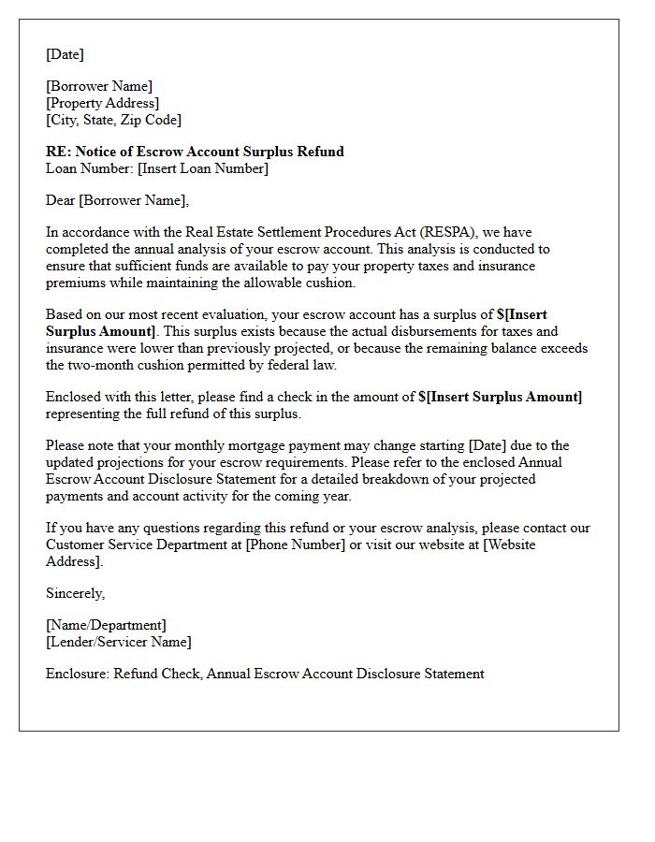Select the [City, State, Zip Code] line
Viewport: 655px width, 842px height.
tap(113, 120)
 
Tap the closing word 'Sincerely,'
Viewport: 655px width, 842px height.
tap(76, 593)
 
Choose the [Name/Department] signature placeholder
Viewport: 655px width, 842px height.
tap(106, 625)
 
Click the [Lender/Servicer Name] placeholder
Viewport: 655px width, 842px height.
tap(118, 642)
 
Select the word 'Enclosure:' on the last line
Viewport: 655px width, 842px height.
tap(78, 674)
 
